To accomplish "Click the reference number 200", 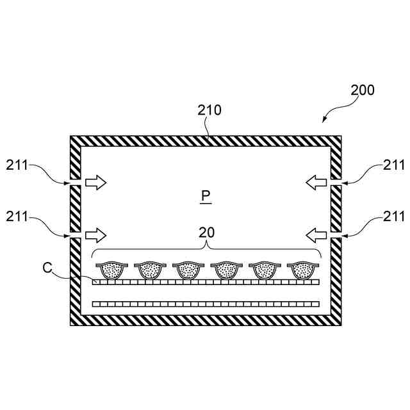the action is click(363, 90).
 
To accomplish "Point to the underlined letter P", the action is click(205, 195).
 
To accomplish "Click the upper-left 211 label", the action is click(17, 165).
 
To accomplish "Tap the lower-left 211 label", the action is click(17, 217).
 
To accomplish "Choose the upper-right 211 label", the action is click(393, 165).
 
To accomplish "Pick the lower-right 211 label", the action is click(393, 217).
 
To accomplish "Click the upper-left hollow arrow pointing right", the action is click(95, 183).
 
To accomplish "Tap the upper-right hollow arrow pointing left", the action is click(315, 183).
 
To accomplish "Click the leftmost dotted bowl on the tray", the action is click(110, 270).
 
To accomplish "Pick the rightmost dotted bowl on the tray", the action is click(302, 270).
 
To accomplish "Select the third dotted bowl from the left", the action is click(187, 270).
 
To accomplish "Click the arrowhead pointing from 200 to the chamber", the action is click(325, 119).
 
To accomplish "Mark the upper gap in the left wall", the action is click(74, 183).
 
